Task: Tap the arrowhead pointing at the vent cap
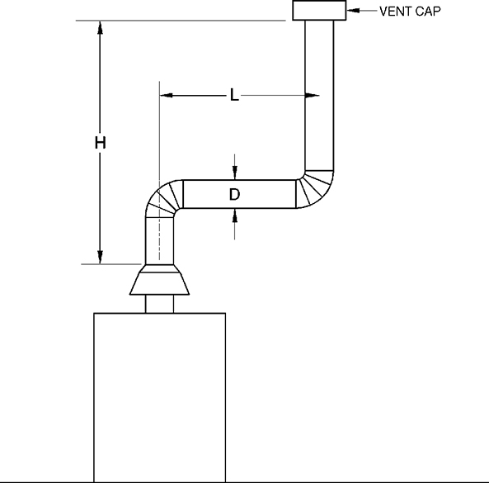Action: (x=350, y=11)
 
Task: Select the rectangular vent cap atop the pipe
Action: (x=318, y=11)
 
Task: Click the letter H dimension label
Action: (x=101, y=143)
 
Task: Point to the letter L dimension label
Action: (x=234, y=97)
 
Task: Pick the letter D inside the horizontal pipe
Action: (x=234, y=195)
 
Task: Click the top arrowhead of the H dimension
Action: (x=101, y=27)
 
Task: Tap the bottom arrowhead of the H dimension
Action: (x=101, y=257)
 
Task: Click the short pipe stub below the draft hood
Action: (x=160, y=304)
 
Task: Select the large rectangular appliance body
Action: (x=160, y=396)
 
